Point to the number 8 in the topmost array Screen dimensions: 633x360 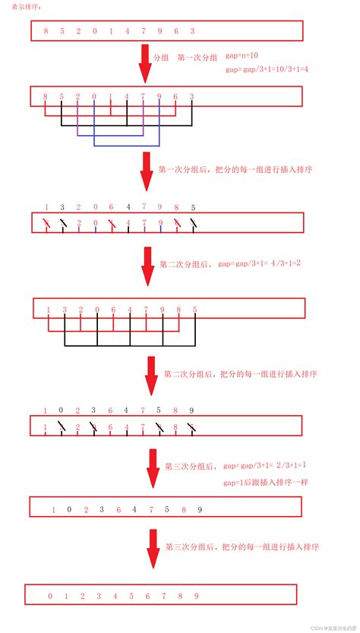(46, 31)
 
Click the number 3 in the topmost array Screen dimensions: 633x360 (192, 31)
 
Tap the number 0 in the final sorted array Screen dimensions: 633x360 (50, 596)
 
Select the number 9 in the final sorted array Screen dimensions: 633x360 (197, 596)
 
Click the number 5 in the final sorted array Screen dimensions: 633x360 (131, 596)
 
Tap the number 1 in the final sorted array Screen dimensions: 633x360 (66, 596)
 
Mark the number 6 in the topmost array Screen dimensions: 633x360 (175, 31)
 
